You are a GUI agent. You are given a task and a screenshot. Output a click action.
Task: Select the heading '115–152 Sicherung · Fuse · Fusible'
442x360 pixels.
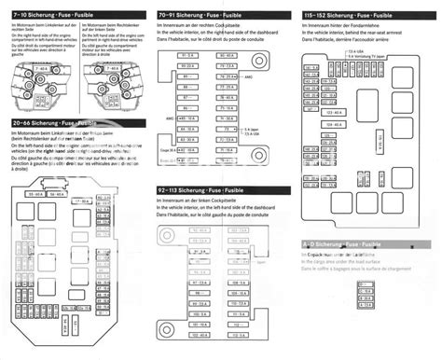(345, 17)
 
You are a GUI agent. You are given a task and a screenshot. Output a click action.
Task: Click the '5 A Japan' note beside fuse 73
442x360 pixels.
(250, 129)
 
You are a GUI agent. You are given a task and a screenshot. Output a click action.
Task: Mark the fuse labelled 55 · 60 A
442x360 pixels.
(41, 167)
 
